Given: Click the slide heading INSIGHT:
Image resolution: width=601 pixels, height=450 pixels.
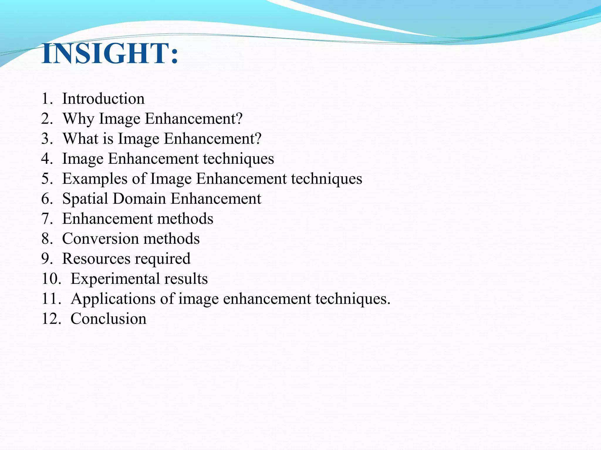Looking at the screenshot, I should [x=110, y=54].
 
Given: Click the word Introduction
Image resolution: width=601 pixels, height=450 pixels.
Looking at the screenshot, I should [x=103, y=99].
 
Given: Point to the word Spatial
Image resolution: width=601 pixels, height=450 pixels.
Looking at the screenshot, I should [x=85, y=199].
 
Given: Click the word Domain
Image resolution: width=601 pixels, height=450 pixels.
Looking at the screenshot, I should [x=139, y=199].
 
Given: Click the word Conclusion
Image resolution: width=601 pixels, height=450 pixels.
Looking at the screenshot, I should [x=108, y=319].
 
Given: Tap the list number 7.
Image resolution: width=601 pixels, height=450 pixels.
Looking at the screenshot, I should [x=47, y=219].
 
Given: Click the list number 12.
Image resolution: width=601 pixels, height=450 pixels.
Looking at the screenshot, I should [x=51, y=319].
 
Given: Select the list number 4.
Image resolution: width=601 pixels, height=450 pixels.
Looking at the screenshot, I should [x=47, y=159].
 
